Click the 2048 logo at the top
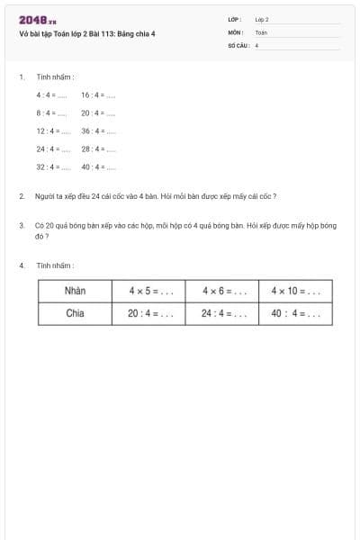point(38,20)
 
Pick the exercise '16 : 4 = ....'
point(98,94)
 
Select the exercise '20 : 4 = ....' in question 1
point(98,113)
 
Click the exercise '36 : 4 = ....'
point(98,131)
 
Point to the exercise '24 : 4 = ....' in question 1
point(53,149)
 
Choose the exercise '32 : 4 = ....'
point(53,167)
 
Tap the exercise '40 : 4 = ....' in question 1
point(98,167)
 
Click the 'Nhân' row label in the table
point(75,291)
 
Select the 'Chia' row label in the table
point(75,314)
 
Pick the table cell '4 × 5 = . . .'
point(149,291)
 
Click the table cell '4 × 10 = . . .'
point(295,291)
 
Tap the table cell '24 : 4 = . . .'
point(222,314)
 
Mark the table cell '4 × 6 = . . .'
point(222,291)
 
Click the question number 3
point(21,226)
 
